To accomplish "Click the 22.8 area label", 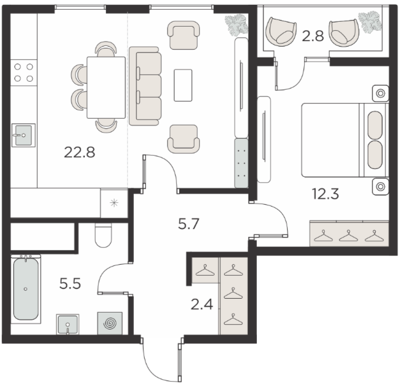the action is click(x=79, y=152).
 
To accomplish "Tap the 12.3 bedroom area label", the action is click(x=325, y=194).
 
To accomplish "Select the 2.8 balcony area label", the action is click(x=313, y=36).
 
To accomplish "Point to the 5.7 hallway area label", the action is click(x=188, y=224).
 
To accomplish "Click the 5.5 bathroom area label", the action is click(x=70, y=284).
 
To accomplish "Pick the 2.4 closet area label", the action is click(x=202, y=304).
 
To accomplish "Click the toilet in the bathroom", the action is click(x=103, y=235).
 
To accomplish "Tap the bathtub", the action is click(x=25, y=289).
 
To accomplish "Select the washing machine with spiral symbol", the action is click(x=110, y=323).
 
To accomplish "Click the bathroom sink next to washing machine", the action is click(x=68, y=324).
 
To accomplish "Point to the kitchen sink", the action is click(x=23, y=135).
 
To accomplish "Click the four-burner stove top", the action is click(x=24, y=73).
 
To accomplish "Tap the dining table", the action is click(x=106, y=87).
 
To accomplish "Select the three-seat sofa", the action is click(x=145, y=86).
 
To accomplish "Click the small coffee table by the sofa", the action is click(x=183, y=85).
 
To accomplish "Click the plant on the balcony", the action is click(x=370, y=22).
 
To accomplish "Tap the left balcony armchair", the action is click(x=282, y=32).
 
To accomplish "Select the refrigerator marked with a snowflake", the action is click(x=114, y=203).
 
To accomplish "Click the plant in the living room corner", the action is click(x=236, y=25).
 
